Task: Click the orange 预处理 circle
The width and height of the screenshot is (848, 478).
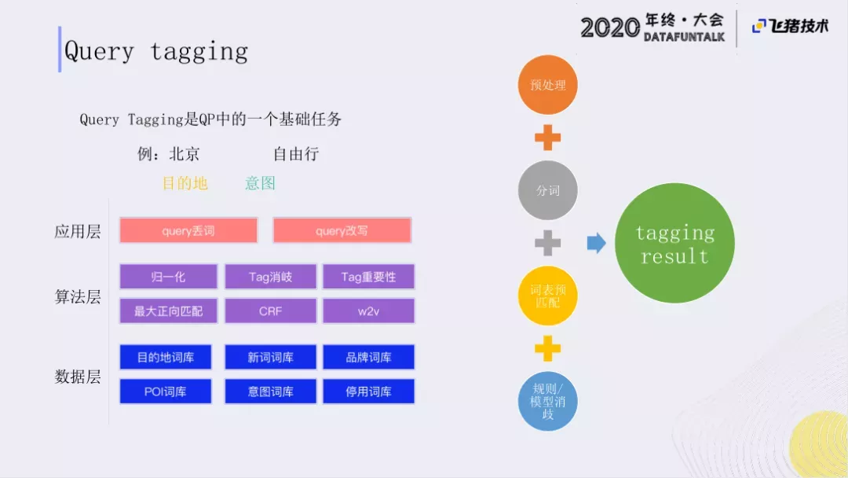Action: [548, 84]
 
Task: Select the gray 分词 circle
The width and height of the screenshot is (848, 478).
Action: [548, 190]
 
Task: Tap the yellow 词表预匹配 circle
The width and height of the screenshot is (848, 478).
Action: [548, 296]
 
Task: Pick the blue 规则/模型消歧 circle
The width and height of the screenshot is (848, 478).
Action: [548, 401]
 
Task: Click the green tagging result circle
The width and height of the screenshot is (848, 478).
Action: [674, 243]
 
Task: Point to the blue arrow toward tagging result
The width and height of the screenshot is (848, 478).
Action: [597, 243]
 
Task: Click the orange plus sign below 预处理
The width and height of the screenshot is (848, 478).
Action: [548, 138]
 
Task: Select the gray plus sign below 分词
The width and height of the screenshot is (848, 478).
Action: [548, 243]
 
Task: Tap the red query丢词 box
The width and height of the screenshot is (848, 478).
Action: [188, 230]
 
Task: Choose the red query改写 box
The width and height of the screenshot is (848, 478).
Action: [342, 230]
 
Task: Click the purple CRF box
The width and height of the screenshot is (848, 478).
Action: [270, 311]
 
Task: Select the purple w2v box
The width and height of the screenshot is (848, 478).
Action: [369, 311]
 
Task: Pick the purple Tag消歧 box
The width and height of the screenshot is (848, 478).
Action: [270, 277]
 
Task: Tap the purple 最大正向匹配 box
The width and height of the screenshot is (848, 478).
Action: [168, 311]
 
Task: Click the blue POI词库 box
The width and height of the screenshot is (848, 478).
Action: [166, 392]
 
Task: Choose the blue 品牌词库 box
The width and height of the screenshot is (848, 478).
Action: [369, 357]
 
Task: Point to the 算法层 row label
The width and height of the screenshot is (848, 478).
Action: [78, 296]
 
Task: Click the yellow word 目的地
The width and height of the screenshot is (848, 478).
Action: [185, 183]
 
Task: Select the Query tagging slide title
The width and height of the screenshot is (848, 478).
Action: [155, 52]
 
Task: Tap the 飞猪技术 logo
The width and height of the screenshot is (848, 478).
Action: [790, 26]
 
